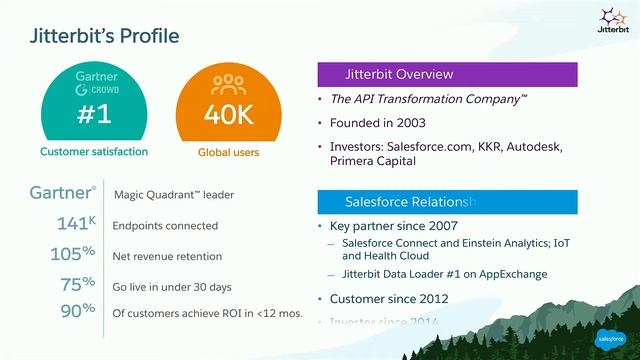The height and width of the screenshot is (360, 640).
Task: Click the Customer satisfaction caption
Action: pyautogui.click(x=94, y=152)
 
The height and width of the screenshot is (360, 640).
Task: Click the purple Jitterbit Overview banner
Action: pyautogui.click(x=447, y=75)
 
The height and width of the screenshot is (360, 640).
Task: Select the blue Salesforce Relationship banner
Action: pyautogui.click(x=447, y=201)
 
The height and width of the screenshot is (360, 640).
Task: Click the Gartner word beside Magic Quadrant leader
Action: pyautogui.click(x=59, y=193)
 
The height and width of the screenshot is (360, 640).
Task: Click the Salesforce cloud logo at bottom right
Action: pyautogui.click(x=611, y=338)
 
